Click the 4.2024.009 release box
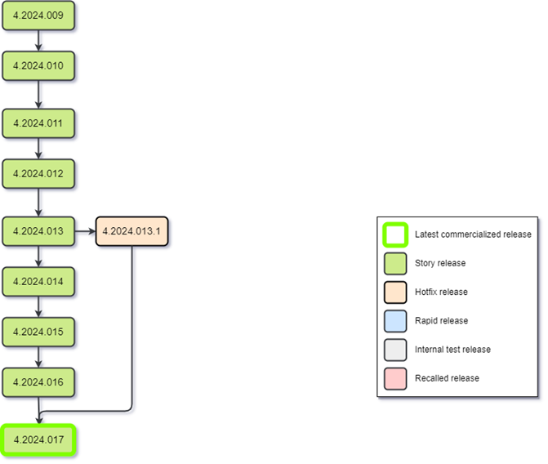pos(38,16)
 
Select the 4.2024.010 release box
pos(38,66)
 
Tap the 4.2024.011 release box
pos(38,123)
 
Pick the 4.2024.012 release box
pos(38,174)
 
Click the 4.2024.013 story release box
pos(38,231)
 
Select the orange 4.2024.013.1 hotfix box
pos(131,231)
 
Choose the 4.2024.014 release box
pos(38,282)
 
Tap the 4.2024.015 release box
pos(38,332)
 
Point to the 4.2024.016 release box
pos(38,382)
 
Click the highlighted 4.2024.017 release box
pos(38,440)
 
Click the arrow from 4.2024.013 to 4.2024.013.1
pos(85,231)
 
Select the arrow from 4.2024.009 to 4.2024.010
pos(38,41)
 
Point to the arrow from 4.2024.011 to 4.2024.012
pos(38,149)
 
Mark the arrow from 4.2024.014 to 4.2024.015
pos(38,307)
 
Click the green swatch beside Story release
pos(395,264)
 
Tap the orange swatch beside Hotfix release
pos(395,292)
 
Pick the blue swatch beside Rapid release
pos(395,321)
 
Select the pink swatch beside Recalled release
pos(395,378)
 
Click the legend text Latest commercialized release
pos(473,234)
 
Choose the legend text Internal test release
pos(452,350)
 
